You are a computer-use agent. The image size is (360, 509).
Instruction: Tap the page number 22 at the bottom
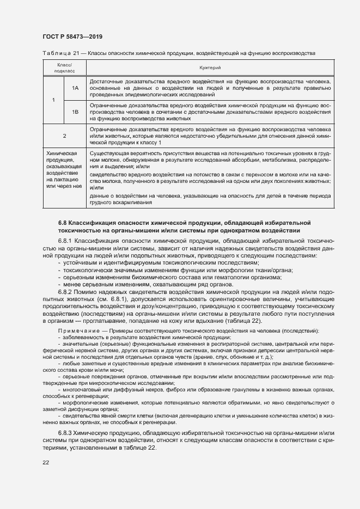coord(46,462)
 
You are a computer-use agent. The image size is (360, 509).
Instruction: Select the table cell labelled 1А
coord(75,88)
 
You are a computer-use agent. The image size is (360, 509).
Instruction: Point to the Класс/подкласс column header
coord(64,67)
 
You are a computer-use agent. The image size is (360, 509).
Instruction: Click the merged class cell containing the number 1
coord(53,100)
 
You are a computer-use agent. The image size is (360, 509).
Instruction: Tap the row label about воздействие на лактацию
coord(64,170)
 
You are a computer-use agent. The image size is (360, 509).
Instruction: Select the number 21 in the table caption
coord(76,52)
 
